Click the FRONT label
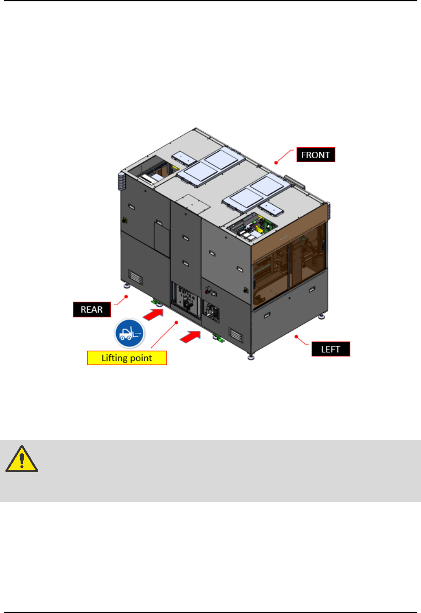[x=316, y=155]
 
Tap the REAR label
[x=92, y=310]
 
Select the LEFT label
[x=331, y=349]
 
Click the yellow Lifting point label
[x=127, y=358]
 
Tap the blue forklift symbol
[x=129, y=333]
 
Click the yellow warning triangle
[x=21, y=460]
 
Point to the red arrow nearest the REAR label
[x=153, y=314]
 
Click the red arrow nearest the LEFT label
[x=190, y=337]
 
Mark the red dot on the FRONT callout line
[x=276, y=163]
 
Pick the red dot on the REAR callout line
[x=126, y=296]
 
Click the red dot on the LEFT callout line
[x=296, y=337]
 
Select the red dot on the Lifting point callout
[x=176, y=322]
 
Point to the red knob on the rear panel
[x=207, y=291]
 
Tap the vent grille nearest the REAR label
[x=135, y=278]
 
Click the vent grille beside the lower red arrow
[x=235, y=335]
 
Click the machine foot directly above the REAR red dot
[x=127, y=285]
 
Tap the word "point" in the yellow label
[x=141, y=358]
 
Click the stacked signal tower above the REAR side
[x=121, y=181]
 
